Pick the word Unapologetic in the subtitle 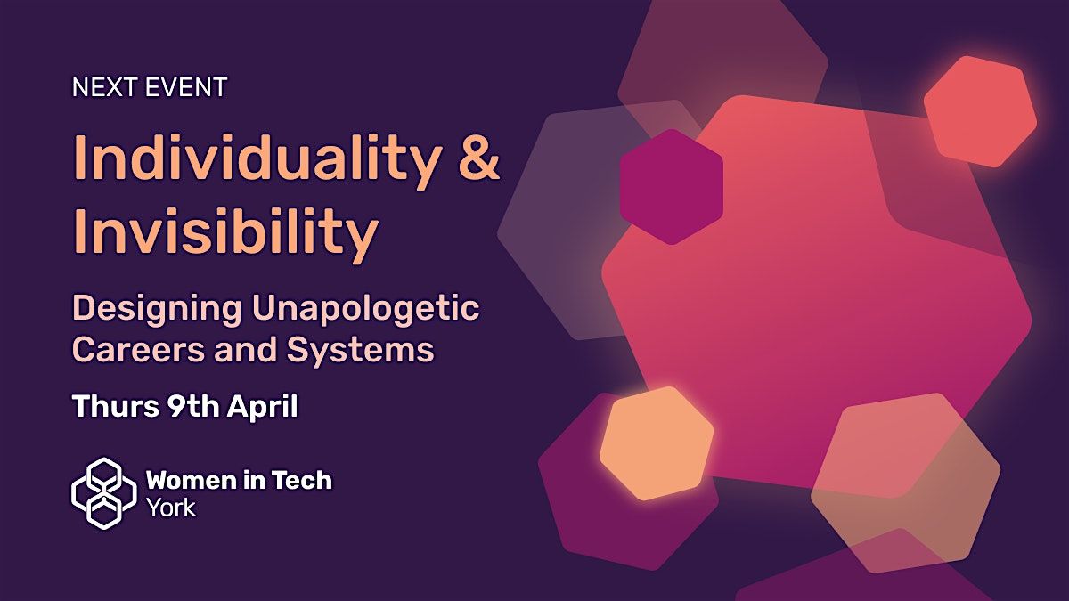point(366,310)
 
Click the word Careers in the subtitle point(139,349)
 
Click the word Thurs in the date point(116,406)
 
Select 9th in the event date point(192,406)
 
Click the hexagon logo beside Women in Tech point(104,493)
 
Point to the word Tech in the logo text point(302,479)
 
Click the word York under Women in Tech point(172,508)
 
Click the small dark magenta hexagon point(672,187)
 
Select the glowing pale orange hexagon point(657,443)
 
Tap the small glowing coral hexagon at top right point(980,111)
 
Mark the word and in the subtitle point(246,349)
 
